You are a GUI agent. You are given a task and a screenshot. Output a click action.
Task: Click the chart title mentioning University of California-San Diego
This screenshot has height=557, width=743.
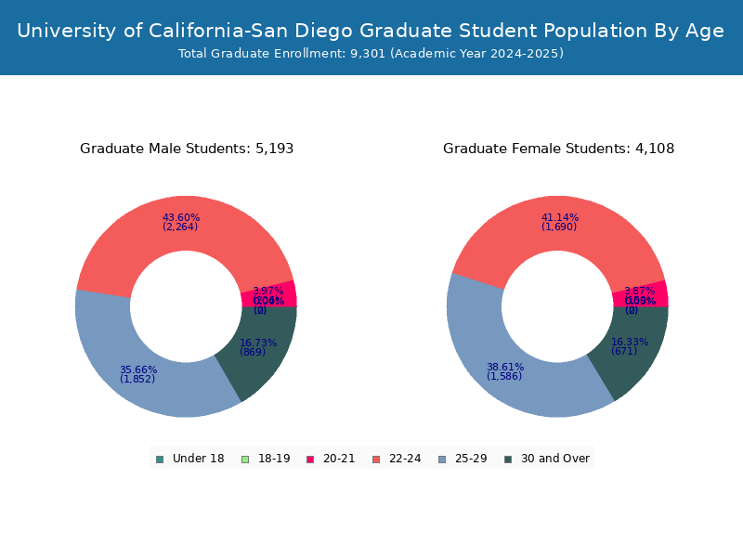371,31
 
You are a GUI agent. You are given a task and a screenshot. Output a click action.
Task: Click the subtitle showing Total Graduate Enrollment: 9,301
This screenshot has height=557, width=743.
371,54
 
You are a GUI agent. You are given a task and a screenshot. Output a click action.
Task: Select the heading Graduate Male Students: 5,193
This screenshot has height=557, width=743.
187,149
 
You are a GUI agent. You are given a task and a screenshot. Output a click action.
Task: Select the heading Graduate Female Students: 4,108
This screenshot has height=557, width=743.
558,149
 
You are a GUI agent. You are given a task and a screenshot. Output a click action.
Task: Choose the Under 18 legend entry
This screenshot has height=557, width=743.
189,459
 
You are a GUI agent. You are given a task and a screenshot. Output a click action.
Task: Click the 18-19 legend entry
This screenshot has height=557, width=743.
266,459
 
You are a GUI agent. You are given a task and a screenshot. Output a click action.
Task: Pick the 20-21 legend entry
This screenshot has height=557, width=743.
331,459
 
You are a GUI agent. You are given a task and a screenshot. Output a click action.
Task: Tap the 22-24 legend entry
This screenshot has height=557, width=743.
397,459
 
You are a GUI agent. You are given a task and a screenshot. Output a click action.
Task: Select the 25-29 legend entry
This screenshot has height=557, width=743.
462,459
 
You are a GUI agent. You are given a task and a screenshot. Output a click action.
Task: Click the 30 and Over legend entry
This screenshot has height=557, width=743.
546,459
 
